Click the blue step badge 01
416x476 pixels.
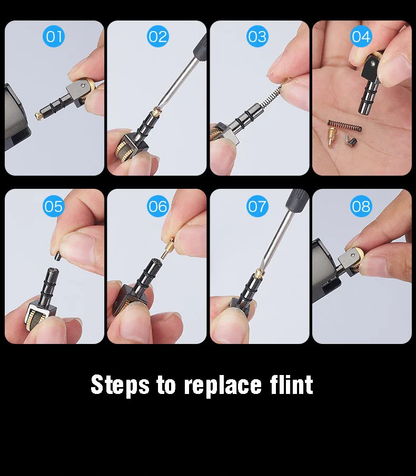(54, 36)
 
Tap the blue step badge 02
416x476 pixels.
(157, 36)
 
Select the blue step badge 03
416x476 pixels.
(257, 36)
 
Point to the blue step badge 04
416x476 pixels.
(361, 36)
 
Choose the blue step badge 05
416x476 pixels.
(54, 206)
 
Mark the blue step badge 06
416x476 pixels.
(157, 206)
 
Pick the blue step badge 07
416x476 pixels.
(257, 206)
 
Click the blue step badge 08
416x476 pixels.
(361, 206)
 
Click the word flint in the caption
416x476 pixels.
(291, 384)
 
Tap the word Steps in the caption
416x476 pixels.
(120, 385)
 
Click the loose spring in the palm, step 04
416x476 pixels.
(344, 126)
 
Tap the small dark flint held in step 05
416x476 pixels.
(57, 256)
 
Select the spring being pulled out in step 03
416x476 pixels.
(275, 95)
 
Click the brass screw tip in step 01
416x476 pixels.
(38, 116)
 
